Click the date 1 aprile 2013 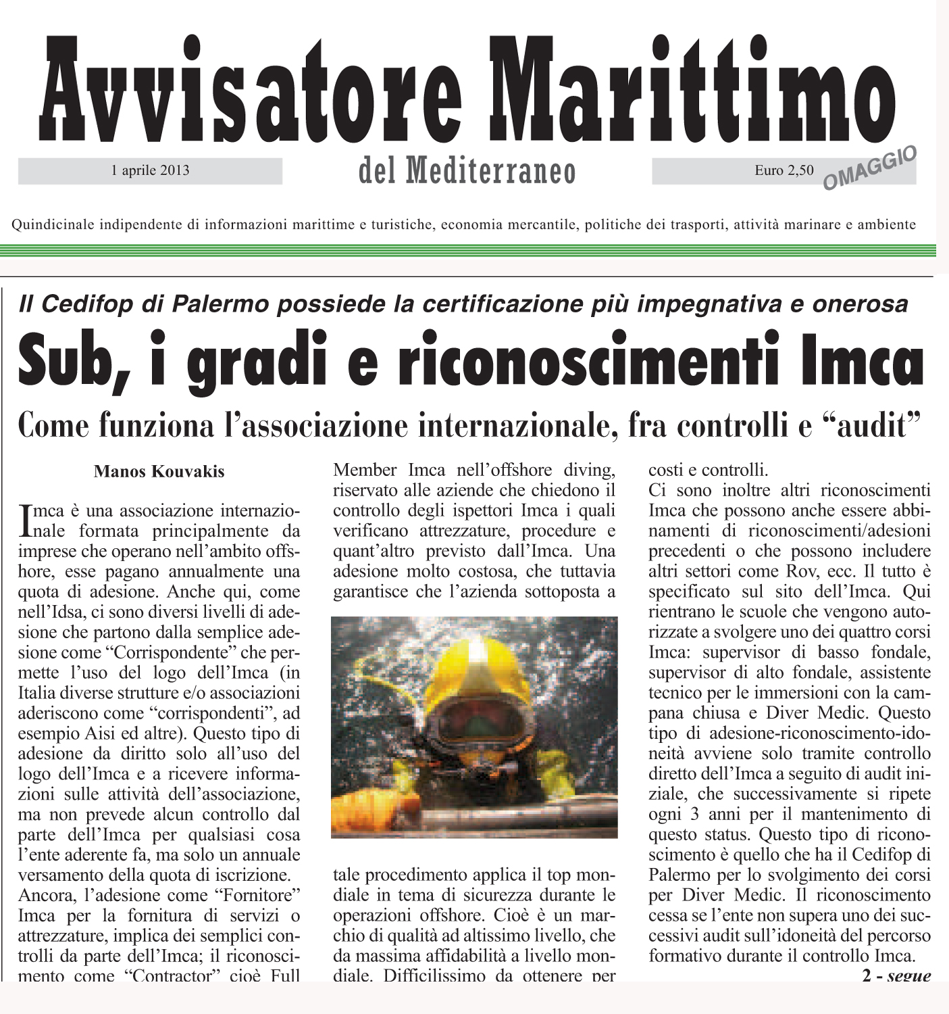(150, 170)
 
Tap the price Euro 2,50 (784, 170)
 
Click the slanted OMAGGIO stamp (870, 169)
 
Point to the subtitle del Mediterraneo (467, 172)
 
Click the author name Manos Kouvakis (159, 471)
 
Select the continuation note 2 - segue (896, 975)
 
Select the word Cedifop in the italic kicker (85, 304)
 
